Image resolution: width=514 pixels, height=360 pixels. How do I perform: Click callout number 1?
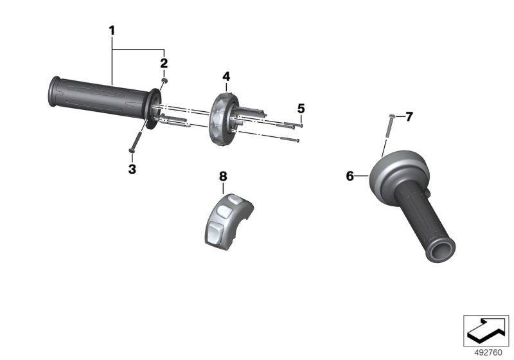pos(112,31)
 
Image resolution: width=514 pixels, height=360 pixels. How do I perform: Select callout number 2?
pos(164,63)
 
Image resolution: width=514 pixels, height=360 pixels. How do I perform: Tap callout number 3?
pos(132,169)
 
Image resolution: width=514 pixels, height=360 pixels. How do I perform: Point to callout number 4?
pos(226,76)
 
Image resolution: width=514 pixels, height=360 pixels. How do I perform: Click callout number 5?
pos(301,109)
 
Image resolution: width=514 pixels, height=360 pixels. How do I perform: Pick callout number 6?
pos(350,176)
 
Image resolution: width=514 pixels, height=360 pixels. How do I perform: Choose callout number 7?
pos(409,116)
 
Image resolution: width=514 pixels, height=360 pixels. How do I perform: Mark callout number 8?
pos(223,176)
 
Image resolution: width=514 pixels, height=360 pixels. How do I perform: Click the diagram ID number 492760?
pos(488,353)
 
